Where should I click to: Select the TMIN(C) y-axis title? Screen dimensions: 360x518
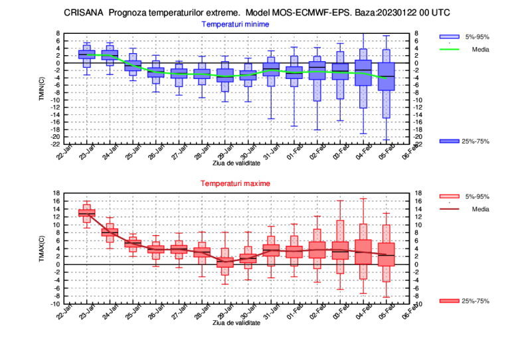pos(41,88)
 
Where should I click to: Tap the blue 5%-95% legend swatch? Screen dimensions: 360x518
pos(450,36)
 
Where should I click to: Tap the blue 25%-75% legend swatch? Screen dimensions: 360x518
pos(450,141)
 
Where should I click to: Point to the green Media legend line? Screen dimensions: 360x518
pos(450,48)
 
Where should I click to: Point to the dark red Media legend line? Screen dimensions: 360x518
pos(450,209)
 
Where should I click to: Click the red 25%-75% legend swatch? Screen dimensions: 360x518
pos(450,301)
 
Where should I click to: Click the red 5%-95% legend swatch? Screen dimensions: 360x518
pos(450,196)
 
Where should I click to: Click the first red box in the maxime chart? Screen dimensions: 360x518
pos(86,213)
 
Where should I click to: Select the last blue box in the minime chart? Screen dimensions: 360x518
pos(386,76)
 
